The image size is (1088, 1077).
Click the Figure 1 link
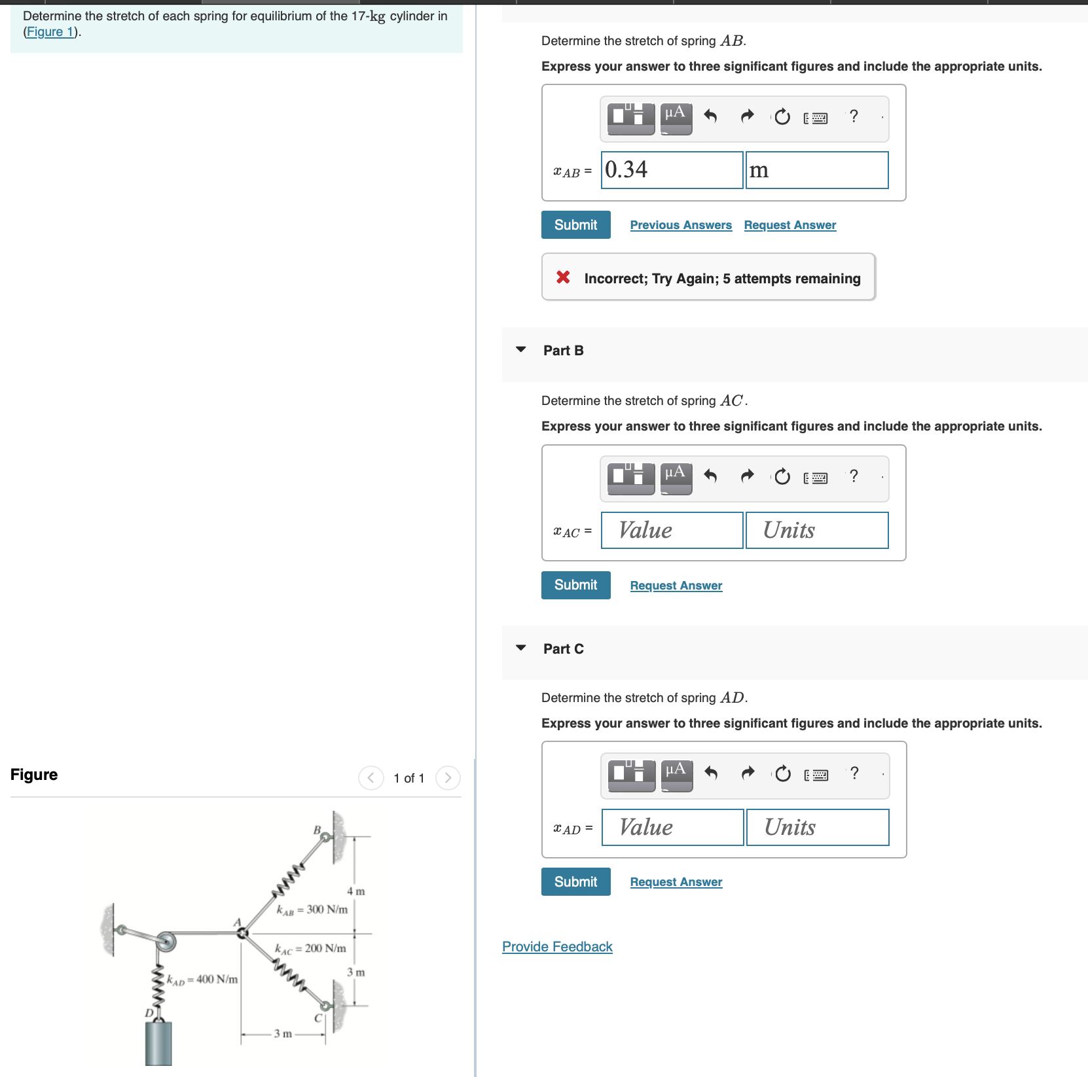(50, 32)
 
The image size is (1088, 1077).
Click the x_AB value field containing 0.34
(672, 170)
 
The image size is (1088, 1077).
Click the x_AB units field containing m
(816, 170)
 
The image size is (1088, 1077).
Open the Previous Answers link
(680, 225)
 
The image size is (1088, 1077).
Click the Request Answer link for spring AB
(789, 225)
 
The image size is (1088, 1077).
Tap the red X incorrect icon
(563, 277)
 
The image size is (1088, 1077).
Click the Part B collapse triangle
(521, 349)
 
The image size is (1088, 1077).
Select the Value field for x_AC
(672, 530)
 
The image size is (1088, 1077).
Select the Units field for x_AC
(816, 530)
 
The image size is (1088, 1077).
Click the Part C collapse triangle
(521, 648)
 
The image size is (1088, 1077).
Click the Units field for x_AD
(817, 827)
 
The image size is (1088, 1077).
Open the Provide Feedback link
(557, 947)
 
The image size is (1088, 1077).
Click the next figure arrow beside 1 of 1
(448, 778)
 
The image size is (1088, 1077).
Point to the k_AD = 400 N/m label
(202, 980)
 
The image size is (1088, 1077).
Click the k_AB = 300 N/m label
(312, 909)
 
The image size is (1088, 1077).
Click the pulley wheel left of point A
(166, 942)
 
